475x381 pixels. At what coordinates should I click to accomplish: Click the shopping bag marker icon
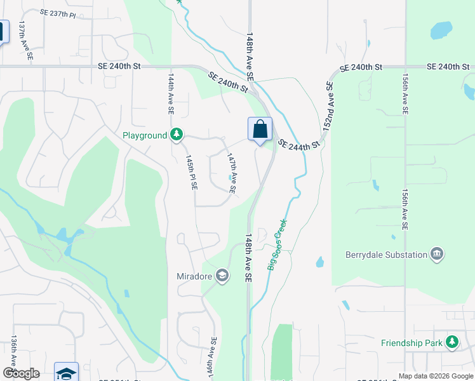pos(260,130)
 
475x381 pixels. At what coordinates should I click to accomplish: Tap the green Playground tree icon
pos(177,135)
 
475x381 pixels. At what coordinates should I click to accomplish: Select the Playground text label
pos(145,135)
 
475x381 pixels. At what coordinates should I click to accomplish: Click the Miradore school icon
pos(222,276)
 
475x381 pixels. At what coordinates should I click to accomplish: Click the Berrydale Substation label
pos(386,255)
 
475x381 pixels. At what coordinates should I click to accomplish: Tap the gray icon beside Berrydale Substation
pos(437,255)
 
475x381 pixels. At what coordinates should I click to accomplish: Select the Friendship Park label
pos(411,343)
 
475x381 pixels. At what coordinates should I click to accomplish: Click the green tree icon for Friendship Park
pos(452,342)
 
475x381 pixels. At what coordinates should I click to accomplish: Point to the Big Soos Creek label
pos(278,244)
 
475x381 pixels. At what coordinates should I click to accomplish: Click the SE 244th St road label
pos(298,146)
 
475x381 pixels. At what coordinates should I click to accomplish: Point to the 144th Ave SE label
pos(171,93)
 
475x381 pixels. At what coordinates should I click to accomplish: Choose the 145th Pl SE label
pos(191,173)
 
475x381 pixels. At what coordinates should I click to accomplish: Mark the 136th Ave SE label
pos(13,354)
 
